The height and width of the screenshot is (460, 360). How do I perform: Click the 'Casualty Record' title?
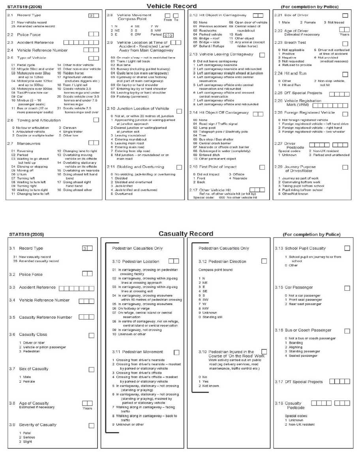pos(186,234)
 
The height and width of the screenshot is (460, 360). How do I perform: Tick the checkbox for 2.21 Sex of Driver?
pos(345,15)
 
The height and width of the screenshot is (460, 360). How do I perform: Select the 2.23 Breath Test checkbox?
pos(345,43)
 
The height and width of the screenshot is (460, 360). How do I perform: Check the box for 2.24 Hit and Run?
pos(345,74)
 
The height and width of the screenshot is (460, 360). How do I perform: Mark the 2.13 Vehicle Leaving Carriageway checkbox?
pos(262,55)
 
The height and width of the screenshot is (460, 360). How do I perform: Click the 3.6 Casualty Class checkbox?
pos(92,335)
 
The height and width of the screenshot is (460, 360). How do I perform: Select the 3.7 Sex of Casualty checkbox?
pos(92,369)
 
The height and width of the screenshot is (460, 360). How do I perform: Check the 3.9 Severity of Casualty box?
pos(92,425)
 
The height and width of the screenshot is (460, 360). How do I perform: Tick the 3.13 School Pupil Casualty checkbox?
pos(347,248)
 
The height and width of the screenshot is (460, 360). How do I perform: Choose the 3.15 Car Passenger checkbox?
pos(347,288)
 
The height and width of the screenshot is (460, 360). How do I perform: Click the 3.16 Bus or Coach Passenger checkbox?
pos(347,331)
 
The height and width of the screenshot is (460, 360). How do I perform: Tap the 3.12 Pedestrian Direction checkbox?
pos(264,261)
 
